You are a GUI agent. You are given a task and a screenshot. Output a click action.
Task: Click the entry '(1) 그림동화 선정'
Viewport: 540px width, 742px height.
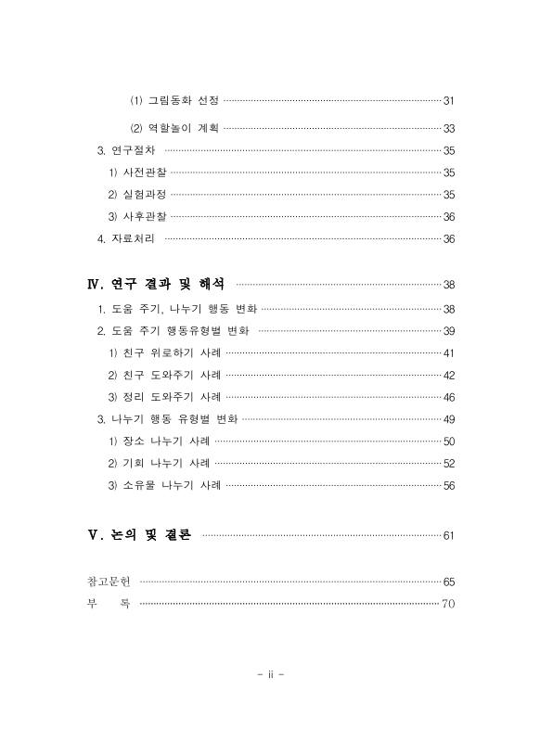tap(173, 100)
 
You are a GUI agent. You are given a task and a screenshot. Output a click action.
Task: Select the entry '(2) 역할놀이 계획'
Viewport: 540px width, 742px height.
tap(173, 128)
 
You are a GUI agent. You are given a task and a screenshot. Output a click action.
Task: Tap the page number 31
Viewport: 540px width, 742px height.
tap(448, 100)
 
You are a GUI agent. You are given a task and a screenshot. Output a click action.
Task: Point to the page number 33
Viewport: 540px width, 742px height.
tap(448, 128)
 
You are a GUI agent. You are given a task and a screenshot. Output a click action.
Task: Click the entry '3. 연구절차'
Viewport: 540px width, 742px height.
tap(128, 150)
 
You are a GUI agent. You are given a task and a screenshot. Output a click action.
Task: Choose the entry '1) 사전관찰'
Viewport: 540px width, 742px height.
tap(137, 173)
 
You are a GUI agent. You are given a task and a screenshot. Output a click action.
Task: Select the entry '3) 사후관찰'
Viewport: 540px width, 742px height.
tap(137, 217)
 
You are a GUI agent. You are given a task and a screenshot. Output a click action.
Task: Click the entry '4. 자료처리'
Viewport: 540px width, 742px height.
tap(128, 239)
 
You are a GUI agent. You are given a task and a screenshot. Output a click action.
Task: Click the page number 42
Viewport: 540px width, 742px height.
tap(448, 375)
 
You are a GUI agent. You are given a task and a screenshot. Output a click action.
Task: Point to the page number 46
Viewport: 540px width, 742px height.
tap(448, 397)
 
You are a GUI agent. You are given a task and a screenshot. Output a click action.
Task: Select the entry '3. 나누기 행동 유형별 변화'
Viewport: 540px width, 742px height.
tap(167, 419)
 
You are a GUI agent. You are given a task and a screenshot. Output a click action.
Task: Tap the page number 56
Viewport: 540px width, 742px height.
tap(448, 485)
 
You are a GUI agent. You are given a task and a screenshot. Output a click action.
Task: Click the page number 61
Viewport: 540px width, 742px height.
tap(448, 535)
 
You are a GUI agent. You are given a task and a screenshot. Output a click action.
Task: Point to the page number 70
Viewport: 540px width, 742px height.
tap(448, 604)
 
